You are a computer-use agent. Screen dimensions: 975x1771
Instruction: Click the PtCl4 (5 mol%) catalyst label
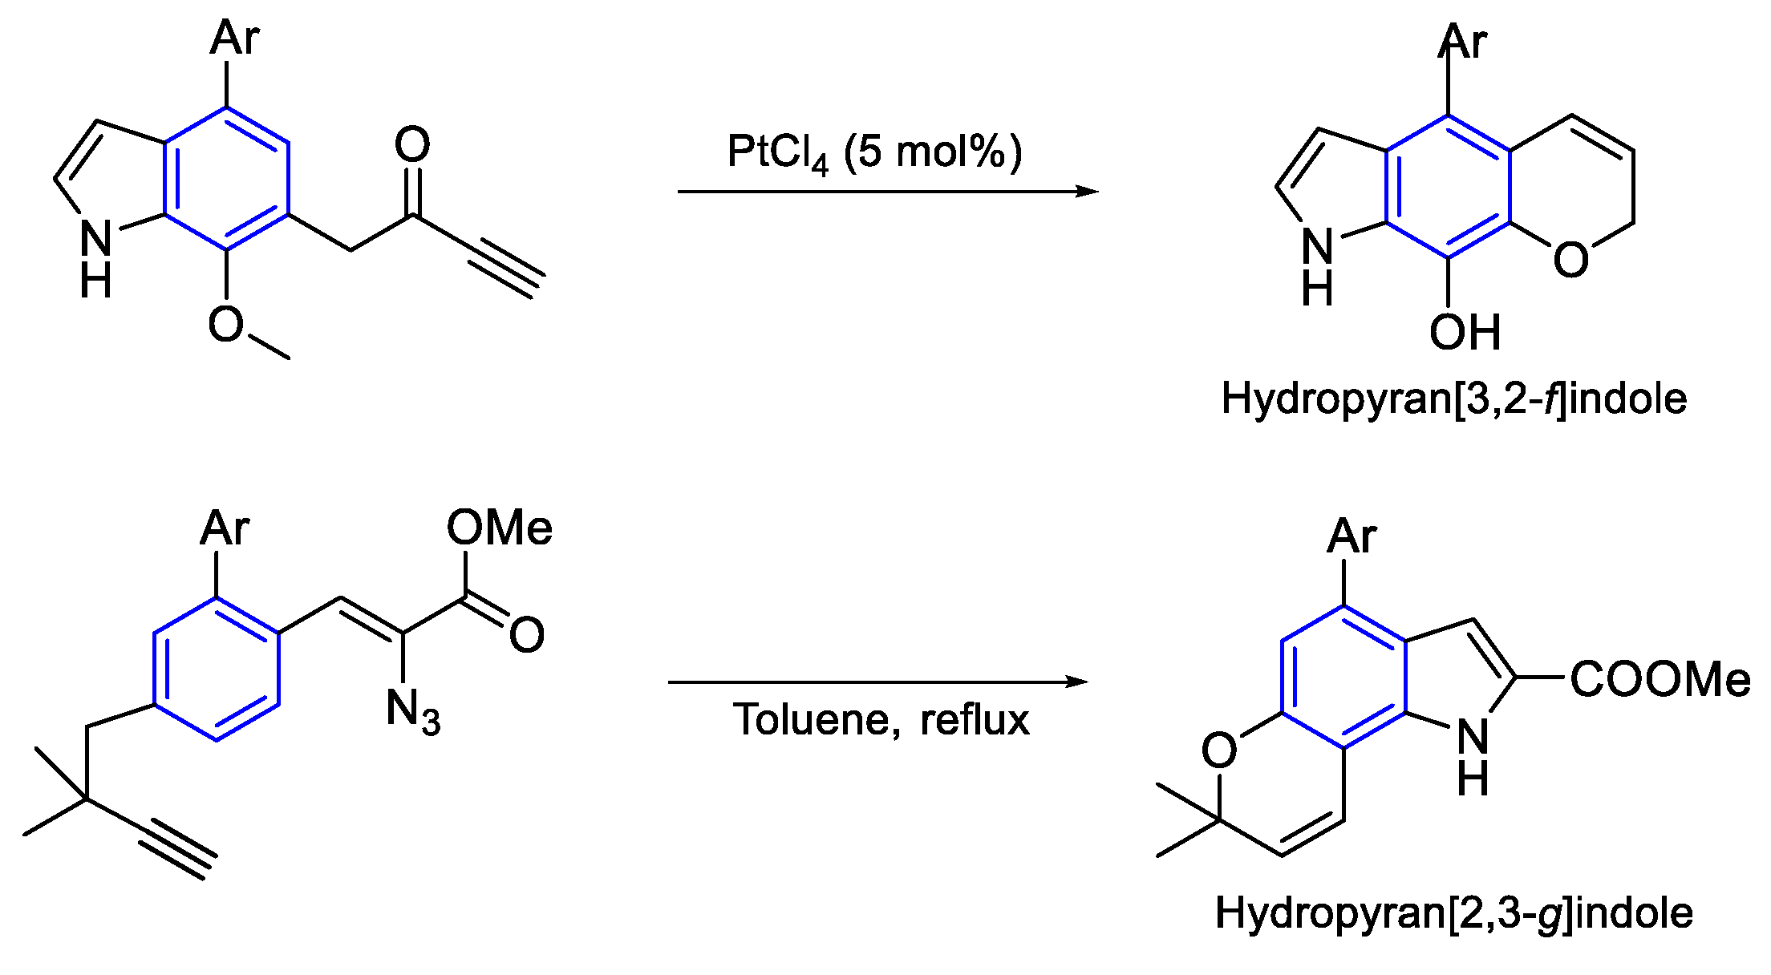coord(874,152)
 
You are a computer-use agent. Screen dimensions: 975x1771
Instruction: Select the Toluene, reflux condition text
coord(881,719)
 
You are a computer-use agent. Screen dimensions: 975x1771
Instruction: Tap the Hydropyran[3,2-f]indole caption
coord(1453,398)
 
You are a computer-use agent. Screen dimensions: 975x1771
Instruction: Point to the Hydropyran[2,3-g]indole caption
coord(1453,912)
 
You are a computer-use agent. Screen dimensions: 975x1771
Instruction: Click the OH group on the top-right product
coord(1465,332)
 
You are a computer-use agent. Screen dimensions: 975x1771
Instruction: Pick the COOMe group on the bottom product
coord(1660,679)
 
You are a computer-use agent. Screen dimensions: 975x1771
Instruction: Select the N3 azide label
coord(412,710)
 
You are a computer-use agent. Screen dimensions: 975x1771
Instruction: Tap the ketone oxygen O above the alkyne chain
coord(412,145)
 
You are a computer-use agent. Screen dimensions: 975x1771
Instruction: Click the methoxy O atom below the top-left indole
coord(225,325)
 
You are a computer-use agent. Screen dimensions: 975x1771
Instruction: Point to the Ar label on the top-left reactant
coord(234,38)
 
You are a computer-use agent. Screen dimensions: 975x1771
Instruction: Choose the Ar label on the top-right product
coord(1463,42)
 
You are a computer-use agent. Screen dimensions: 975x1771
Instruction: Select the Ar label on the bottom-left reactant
coord(225,528)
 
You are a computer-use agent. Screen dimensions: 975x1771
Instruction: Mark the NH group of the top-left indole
coord(96,257)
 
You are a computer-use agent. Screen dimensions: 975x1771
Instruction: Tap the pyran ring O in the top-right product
coord(1570,260)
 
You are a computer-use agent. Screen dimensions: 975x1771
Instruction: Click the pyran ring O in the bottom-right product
coord(1219,750)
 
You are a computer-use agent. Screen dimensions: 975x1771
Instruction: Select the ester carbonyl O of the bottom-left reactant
coord(526,635)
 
